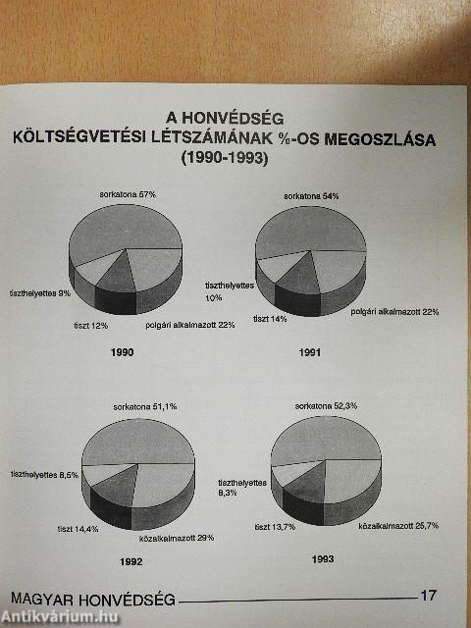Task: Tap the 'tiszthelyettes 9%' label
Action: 39,293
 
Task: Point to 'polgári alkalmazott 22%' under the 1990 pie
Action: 189,325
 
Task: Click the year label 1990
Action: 123,352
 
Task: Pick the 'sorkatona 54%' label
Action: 311,196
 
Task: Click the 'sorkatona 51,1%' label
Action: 146,406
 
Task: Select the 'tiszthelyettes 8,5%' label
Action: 43,474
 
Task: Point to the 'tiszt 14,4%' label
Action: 84,531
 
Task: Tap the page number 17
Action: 427,594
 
